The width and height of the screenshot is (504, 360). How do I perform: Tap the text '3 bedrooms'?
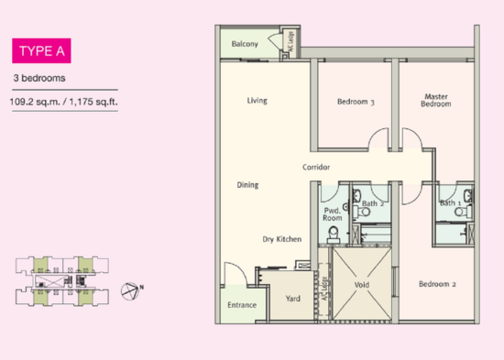coord(38,78)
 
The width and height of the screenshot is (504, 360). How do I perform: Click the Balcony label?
coord(244,45)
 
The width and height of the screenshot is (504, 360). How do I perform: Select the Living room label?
coord(257,101)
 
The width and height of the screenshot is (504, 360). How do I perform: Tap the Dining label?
coord(247,185)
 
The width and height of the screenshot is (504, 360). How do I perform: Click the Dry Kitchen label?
coord(282,238)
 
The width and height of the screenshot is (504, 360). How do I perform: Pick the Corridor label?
coord(316,168)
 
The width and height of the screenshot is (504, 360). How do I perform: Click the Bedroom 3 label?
coord(356,102)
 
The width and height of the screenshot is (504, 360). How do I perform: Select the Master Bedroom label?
coord(436,100)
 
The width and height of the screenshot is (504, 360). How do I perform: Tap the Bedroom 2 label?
coord(437,284)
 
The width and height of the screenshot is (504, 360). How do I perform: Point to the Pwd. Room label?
coord(332,215)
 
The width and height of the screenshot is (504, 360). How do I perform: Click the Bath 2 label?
coord(372,203)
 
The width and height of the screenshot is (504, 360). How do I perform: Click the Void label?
coord(360,285)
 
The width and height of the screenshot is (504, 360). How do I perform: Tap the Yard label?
coord(293,299)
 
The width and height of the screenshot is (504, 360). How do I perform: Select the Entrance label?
coord(241,305)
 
